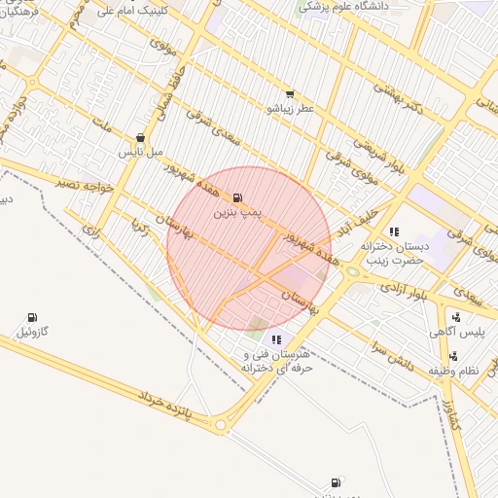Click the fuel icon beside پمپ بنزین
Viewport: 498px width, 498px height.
[x=238, y=197]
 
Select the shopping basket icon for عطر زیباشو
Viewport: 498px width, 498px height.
[x=289, y=94]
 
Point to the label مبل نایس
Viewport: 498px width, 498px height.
[x=137, y=153]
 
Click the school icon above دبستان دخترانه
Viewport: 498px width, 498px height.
[x=394, y=231]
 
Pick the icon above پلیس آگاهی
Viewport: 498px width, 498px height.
[x=455, y=316]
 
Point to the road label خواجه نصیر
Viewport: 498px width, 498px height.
[x=86, y=184]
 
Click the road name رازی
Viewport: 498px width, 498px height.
[x=91, y=231]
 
